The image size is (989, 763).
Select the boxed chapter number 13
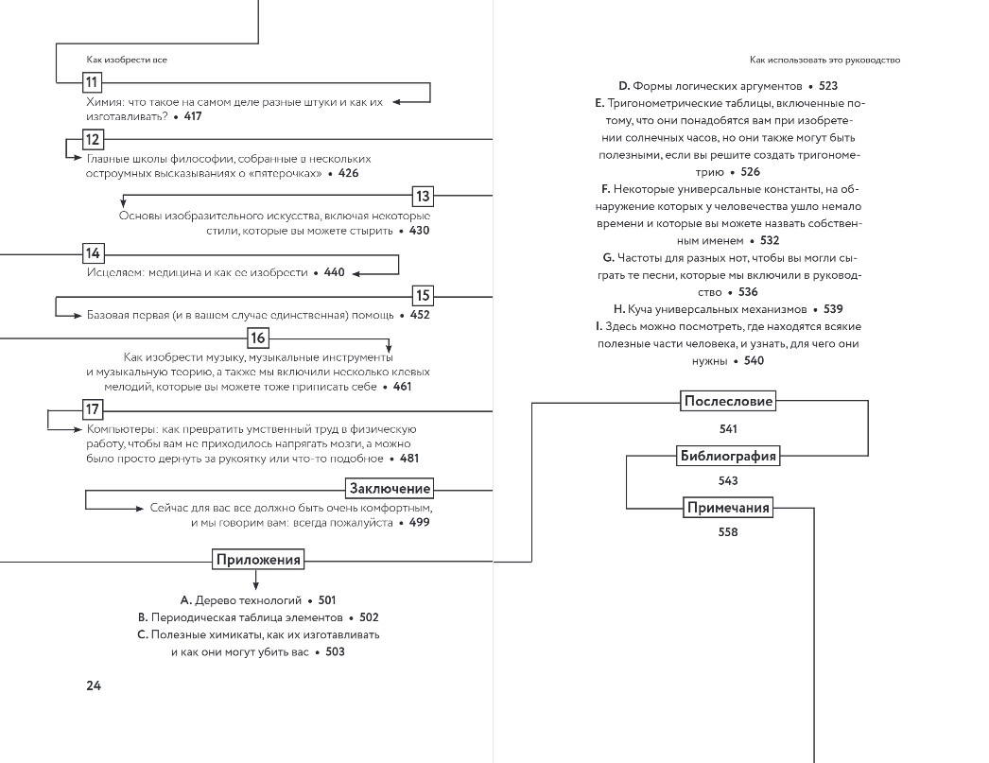pos(422,197)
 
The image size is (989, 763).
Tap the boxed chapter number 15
pos(422,294)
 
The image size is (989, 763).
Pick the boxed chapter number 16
pos(258,338)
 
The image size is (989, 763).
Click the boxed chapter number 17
pos(92,410)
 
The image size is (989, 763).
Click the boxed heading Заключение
pos(390,489)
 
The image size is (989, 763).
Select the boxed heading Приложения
pos(258,560)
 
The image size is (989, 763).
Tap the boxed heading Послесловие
pos(728,401)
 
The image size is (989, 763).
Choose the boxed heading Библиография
pos(728,457)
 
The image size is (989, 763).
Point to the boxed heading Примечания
pos(727,509)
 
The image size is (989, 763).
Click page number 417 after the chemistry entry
pos(193,116)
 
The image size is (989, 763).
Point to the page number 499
pos(420,522)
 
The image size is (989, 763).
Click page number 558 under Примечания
pos(727,532)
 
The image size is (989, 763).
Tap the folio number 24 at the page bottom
pos(94,685)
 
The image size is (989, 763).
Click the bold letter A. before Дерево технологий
pos(185,600)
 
